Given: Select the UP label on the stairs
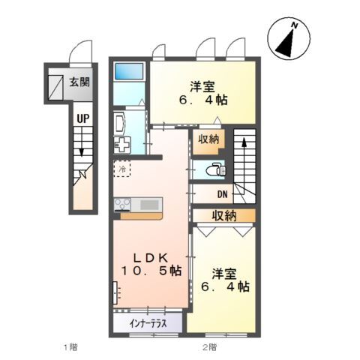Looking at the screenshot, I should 82,118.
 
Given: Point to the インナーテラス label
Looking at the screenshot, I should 147,324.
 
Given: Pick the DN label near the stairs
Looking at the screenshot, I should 223,195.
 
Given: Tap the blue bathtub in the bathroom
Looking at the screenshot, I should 130,72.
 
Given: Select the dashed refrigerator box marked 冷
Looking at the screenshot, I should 122,169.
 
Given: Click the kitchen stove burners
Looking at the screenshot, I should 123,204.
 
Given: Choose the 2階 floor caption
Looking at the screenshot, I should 208,347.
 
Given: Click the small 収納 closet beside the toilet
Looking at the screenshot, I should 209,139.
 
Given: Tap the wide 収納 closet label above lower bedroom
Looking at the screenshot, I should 223,216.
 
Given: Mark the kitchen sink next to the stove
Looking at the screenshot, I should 149,204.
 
